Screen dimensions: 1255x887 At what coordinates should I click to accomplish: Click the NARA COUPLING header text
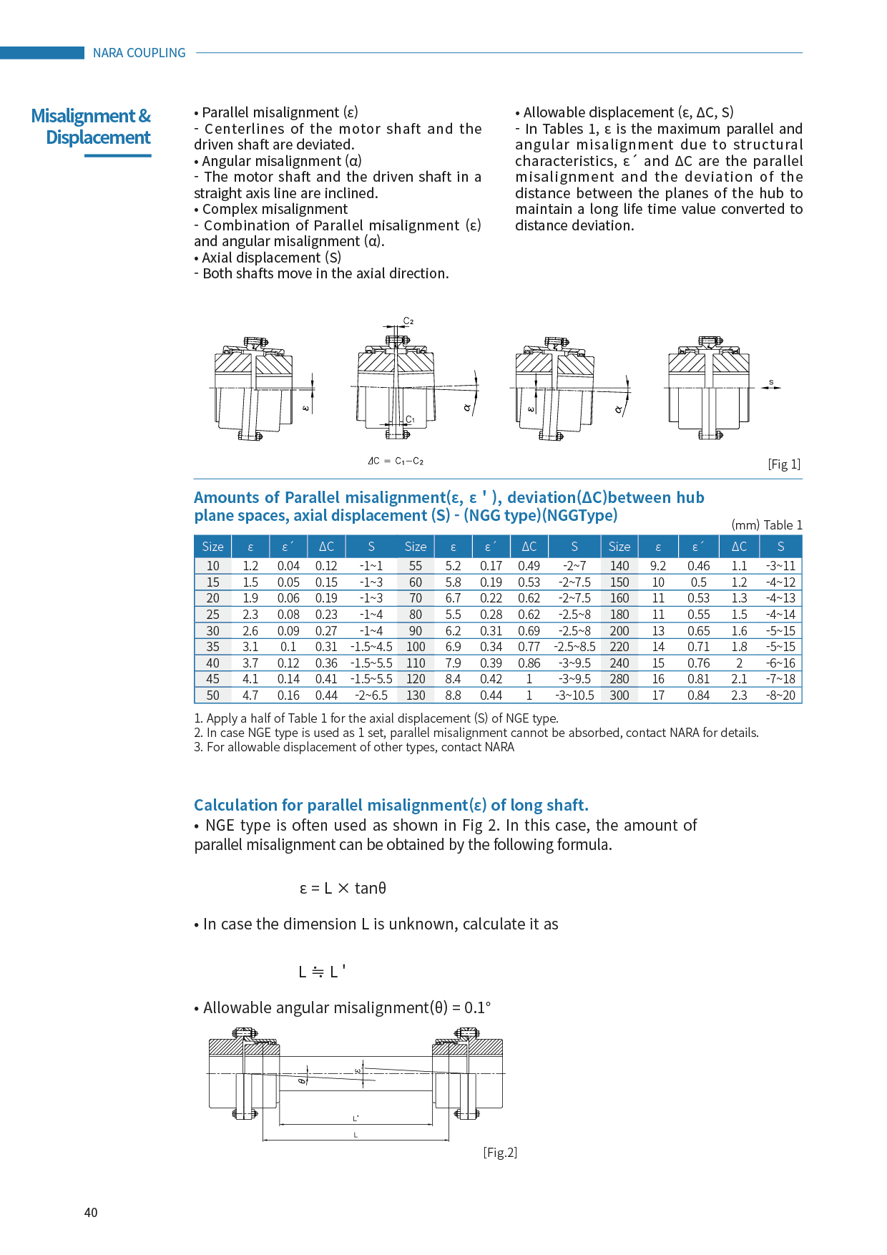[139, 53]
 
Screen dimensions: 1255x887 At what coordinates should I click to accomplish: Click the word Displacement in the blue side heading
[99, 137]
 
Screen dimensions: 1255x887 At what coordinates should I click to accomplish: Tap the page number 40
[91, 1212]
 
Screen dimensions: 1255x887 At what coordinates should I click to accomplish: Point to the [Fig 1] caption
[784, 464]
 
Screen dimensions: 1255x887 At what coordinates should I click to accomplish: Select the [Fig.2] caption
[500, 1152]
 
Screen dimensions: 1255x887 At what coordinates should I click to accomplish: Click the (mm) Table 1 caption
[766, 525]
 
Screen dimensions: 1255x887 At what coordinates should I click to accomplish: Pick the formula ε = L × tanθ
[343, 888]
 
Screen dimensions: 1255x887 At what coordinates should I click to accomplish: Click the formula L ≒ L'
[322, 972]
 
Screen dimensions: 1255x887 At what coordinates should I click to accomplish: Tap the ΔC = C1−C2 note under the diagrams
[396, 462]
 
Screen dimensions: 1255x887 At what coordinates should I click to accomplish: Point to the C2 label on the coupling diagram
[408, 321]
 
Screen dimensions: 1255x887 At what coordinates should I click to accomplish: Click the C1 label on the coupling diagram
[410, 420]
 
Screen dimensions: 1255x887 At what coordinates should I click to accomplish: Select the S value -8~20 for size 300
[780, 695]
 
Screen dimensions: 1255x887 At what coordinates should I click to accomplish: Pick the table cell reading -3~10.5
[574, 695]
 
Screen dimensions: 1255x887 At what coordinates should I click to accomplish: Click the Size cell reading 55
[416, 566]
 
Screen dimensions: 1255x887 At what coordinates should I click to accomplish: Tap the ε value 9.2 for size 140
[658, 566]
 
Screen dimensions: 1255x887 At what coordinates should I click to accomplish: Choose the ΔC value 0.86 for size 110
[529, 663]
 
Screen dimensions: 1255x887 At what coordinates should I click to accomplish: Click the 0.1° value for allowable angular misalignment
[478, 1007]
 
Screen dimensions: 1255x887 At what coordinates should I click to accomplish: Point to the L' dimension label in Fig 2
[356, 1118]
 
